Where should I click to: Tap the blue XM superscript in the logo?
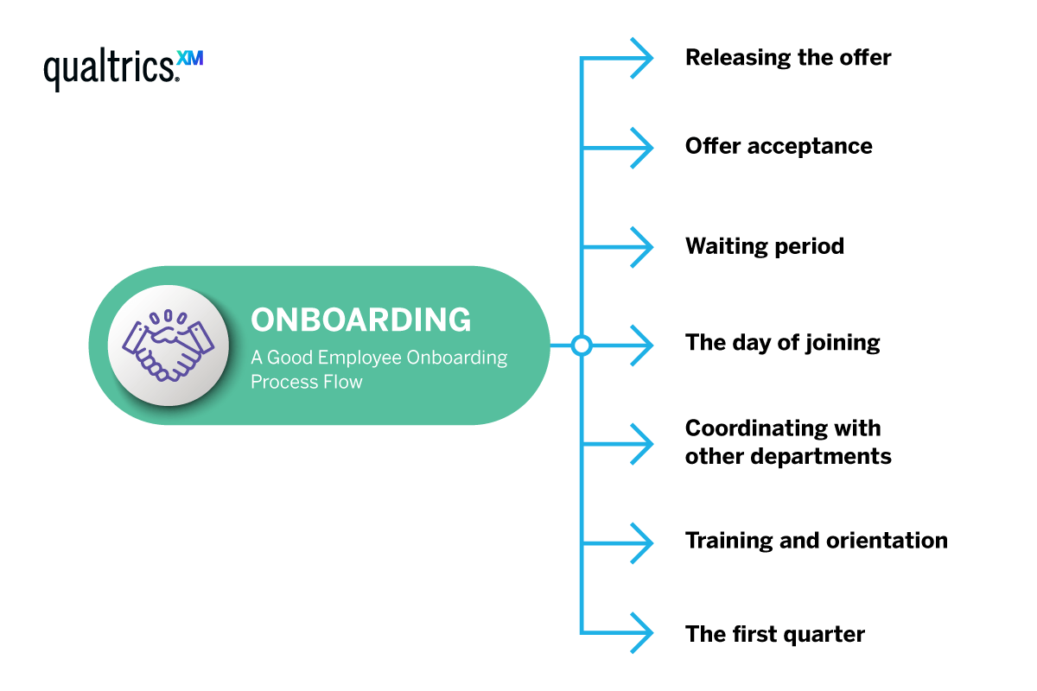tap(189, 59)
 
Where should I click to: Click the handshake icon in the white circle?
tap(169, 345)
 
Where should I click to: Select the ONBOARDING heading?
tap(361, 320)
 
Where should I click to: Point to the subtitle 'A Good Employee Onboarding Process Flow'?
tap(379, 369)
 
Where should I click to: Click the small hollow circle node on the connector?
tap(582, 345)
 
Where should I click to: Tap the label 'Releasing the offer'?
tap(787, 58)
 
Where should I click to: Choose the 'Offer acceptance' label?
tap(779, 146)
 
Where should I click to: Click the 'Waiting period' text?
tap(764, 246)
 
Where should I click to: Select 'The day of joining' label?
tap(782, 343)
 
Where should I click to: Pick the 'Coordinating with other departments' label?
tap(787, 441)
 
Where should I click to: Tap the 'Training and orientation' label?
tap(816, 541)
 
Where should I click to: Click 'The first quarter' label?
tap(774, 635)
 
